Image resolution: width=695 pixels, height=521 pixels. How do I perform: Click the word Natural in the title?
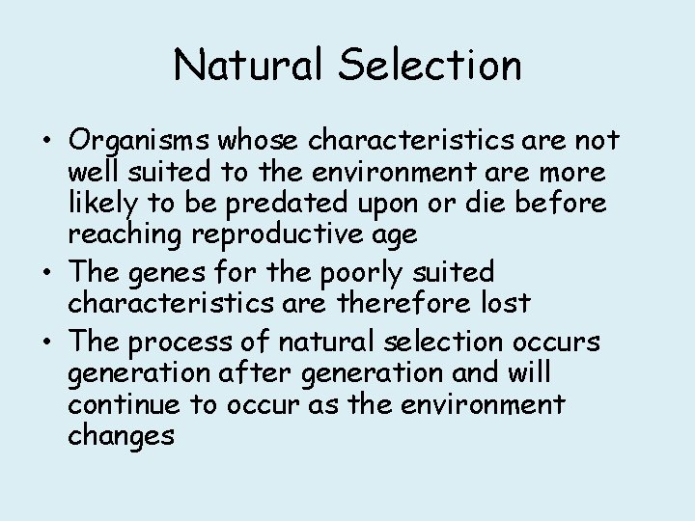click(254, 66)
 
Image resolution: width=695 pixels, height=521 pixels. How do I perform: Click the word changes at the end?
click(121, 436)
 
